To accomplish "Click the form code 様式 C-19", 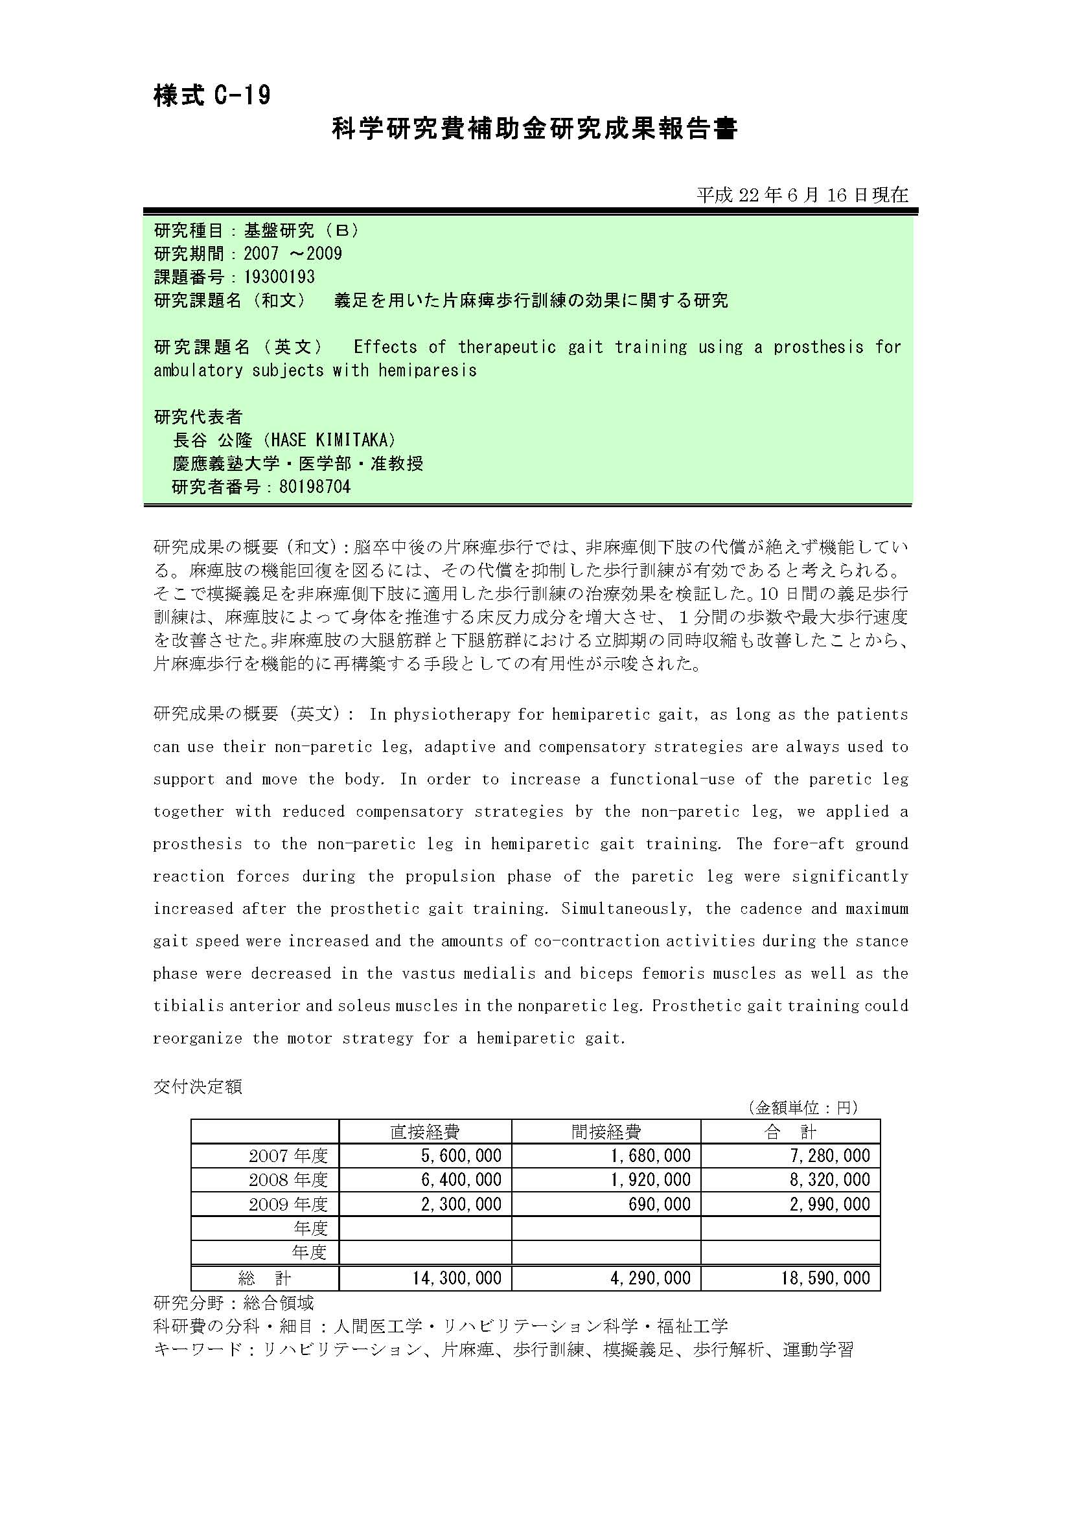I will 212,97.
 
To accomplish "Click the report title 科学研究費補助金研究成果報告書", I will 534,129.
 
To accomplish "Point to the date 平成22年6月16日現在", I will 802,195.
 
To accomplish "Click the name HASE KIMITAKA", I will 334,440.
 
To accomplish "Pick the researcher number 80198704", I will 315,487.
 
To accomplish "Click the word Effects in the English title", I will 386,347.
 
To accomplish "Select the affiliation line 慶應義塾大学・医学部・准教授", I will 297,463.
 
